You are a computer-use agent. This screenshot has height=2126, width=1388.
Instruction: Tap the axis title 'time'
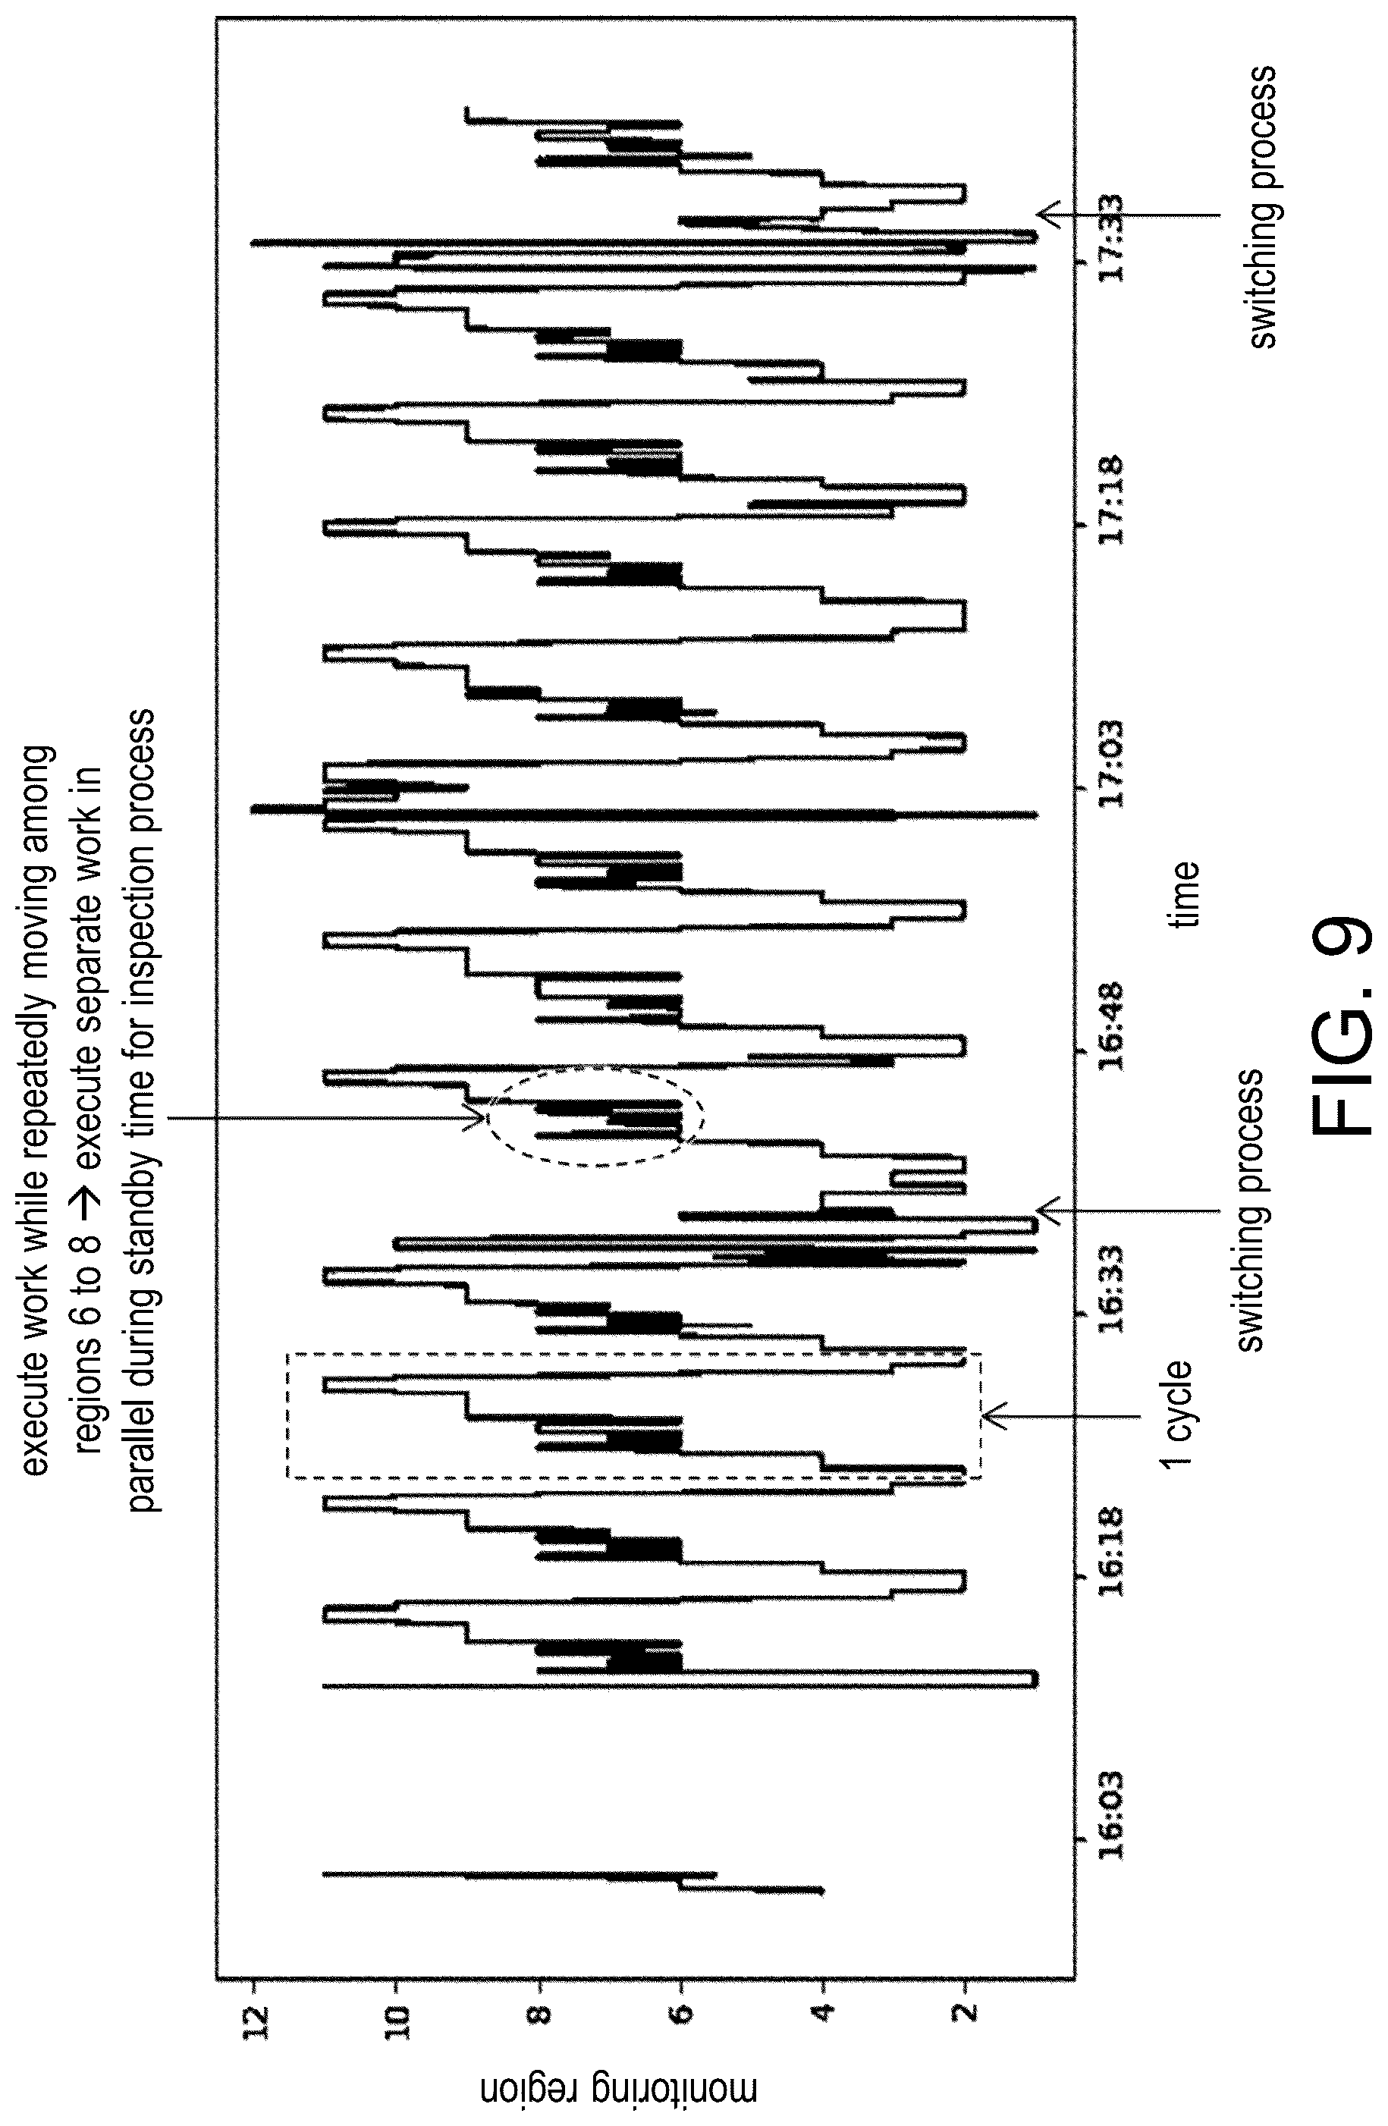coord(1185,893)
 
